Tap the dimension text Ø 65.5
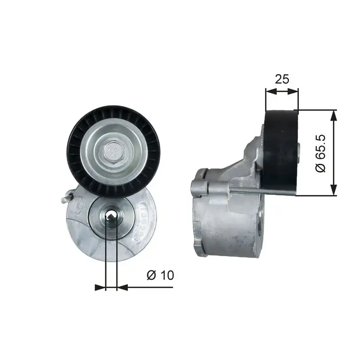(321, 153)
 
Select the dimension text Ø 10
(160, 275)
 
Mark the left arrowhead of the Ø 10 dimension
(100, 287)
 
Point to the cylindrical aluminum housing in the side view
(227, 220)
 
